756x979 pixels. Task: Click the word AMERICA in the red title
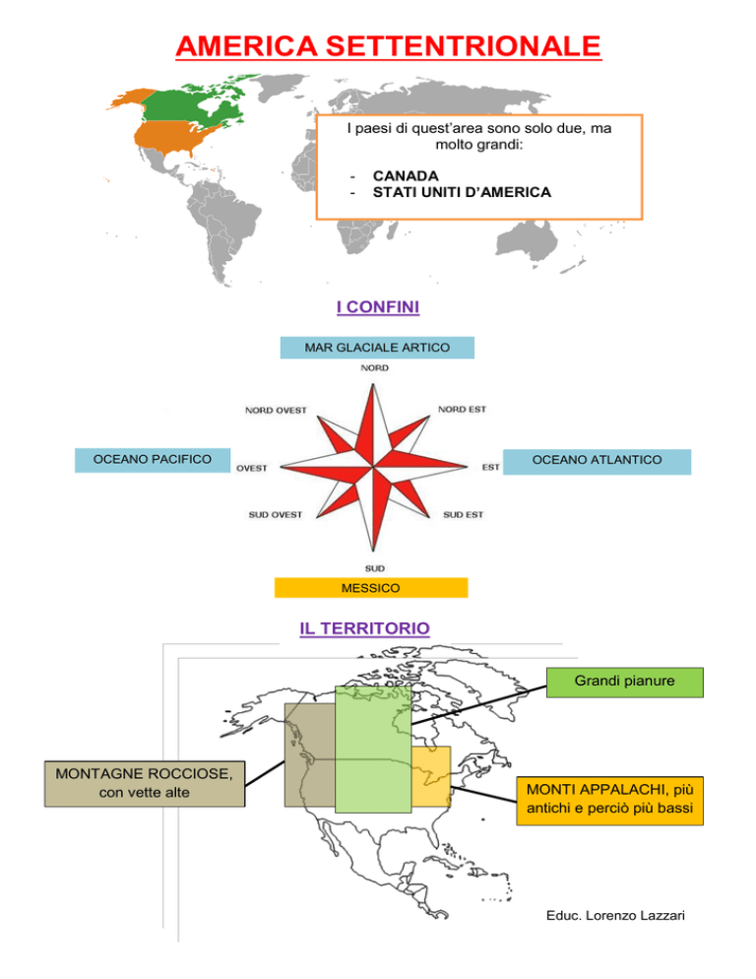click(247, 46)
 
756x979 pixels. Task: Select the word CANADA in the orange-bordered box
click(406, 176)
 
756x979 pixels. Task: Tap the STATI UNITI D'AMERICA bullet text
click(462, 192)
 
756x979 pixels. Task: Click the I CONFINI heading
click(378, 307)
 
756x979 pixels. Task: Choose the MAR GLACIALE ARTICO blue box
click(377, 348)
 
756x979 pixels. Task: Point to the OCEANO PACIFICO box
click(153, 460)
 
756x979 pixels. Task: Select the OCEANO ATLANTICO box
click(597, 461)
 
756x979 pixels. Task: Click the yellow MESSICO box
click(371, 588)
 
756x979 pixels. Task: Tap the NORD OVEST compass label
click(276, 410)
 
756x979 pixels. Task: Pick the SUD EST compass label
click(464, 514)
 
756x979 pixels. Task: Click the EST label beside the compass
click(490, 467)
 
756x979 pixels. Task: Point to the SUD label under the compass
click(375, 568)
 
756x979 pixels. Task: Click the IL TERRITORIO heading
click(364, 628)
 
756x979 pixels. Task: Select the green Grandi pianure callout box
click(625, 683)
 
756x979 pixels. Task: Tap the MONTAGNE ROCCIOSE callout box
click(144, 784)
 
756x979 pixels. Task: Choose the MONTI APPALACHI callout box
click(610, 801)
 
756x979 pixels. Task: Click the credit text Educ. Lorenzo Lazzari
click(615, 915)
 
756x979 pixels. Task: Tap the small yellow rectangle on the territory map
click(431, 776)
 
